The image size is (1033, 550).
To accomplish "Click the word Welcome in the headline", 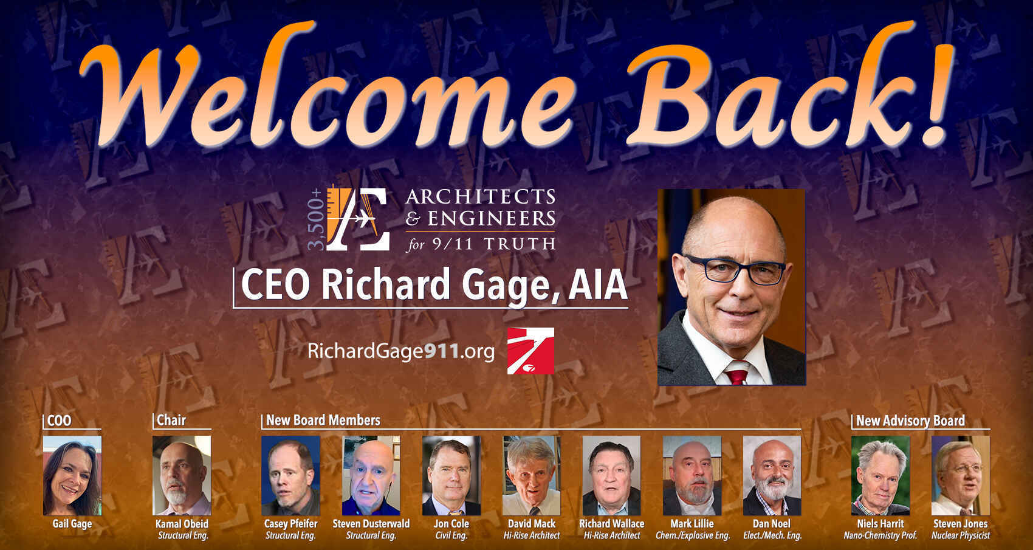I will tap(328, 91).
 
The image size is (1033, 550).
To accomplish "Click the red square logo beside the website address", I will tap(530, 351).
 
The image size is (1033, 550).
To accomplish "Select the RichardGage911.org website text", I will tap(401, 351).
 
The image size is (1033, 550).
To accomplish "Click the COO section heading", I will tap(59, 421).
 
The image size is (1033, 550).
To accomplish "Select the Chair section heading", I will tap(171, 420).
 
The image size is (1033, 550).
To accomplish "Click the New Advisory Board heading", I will tap(910, 421).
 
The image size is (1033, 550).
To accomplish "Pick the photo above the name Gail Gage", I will tap(72, 475).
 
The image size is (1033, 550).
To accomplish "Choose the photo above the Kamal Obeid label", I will tap(182, 475).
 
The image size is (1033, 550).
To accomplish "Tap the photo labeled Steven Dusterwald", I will tap(371, 475).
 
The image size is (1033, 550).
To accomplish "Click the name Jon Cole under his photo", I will tap(451, 523).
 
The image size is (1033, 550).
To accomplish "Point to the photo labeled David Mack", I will tap(532, 475).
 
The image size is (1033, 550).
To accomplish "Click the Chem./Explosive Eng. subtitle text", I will tap(692, 535).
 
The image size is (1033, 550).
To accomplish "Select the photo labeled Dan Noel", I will tap(772, 475).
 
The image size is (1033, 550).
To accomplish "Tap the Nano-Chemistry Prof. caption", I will tap(880, 535).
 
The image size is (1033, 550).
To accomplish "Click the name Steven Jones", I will tap(961, 523).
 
